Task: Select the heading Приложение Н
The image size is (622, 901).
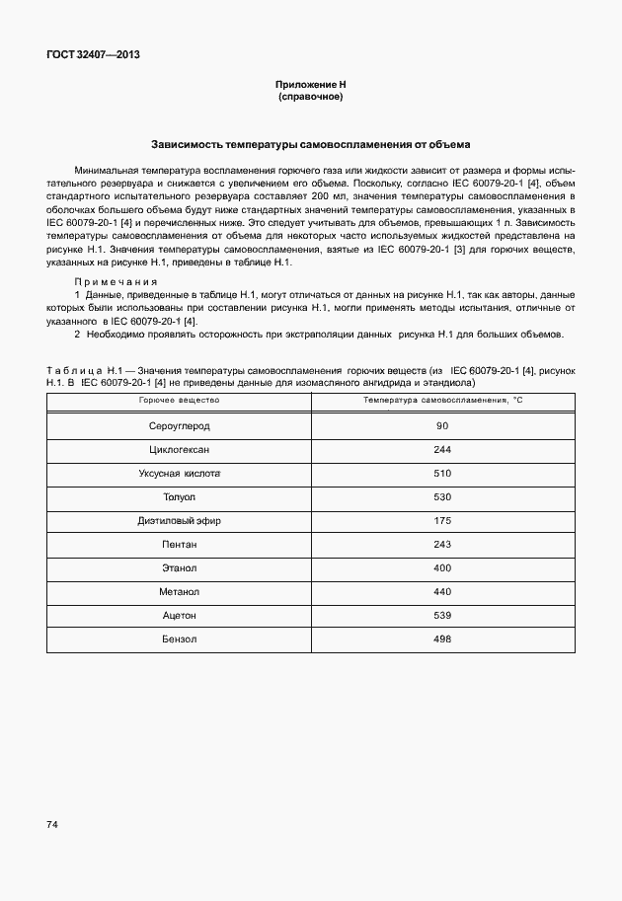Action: (310, 86)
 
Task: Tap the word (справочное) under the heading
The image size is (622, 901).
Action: (310, 98)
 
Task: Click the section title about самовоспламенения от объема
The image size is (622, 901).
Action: (310, 143)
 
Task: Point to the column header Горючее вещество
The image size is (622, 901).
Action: (179, 401)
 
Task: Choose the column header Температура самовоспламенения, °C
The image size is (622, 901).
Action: (442, 401)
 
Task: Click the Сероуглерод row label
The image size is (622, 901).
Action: (179, 426)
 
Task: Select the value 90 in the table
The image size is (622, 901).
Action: (442, 426)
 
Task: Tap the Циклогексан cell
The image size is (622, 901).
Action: (179, 450)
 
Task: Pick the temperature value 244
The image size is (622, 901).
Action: (442, 450)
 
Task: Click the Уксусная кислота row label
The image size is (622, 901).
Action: (179, 474)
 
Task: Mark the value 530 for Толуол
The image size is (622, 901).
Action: (442, 497)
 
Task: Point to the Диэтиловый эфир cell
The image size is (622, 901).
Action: (179, 521)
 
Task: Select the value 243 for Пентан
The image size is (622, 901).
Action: (442, 545)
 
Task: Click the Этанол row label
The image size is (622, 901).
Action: (179, 568)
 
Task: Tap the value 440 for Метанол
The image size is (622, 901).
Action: (442, 592)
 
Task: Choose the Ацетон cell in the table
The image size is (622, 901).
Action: (179, 616)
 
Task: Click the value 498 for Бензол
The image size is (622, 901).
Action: (442, 639)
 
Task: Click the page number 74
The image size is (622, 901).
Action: (51, 823)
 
